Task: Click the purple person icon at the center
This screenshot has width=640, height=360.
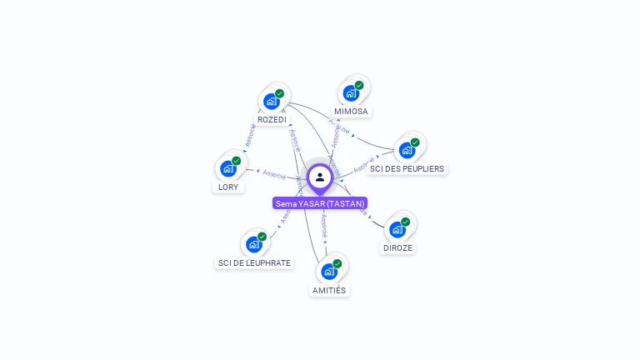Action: [x=320, y=177]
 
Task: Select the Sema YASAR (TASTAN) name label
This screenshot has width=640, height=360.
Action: [x=320, y=203]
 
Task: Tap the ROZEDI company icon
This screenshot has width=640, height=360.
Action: [x=271, y=102]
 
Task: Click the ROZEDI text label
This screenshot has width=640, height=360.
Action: [x=272, y=120]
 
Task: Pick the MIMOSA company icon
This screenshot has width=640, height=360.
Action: [x=351, y=92]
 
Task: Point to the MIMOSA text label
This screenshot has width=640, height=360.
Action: [x=351, y=111]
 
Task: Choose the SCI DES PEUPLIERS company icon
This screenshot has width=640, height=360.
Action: [x=407, y=150]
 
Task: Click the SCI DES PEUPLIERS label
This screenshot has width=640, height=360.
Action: [x=407, y=168]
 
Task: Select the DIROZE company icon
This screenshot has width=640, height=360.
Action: [x=397, y=229]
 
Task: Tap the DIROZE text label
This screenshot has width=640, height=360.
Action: [x=397, y=247]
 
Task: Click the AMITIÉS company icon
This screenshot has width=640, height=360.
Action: [x=329, y=272]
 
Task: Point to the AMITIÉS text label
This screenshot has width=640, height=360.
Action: [x=329, y=290]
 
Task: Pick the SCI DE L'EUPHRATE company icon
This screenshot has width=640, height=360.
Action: [x=253, y=244]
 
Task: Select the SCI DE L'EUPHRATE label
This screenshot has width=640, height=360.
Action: [x=254, y=262]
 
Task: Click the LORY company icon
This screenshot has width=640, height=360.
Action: [x=228, y=168]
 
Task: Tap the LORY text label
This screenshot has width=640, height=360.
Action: [x=228, y=187]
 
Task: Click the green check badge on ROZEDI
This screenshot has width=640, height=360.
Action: [x=279, y=93]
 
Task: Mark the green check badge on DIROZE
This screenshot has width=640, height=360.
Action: [x=406, y=222]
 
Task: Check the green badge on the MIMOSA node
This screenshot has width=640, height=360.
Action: [x=359, y=85]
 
